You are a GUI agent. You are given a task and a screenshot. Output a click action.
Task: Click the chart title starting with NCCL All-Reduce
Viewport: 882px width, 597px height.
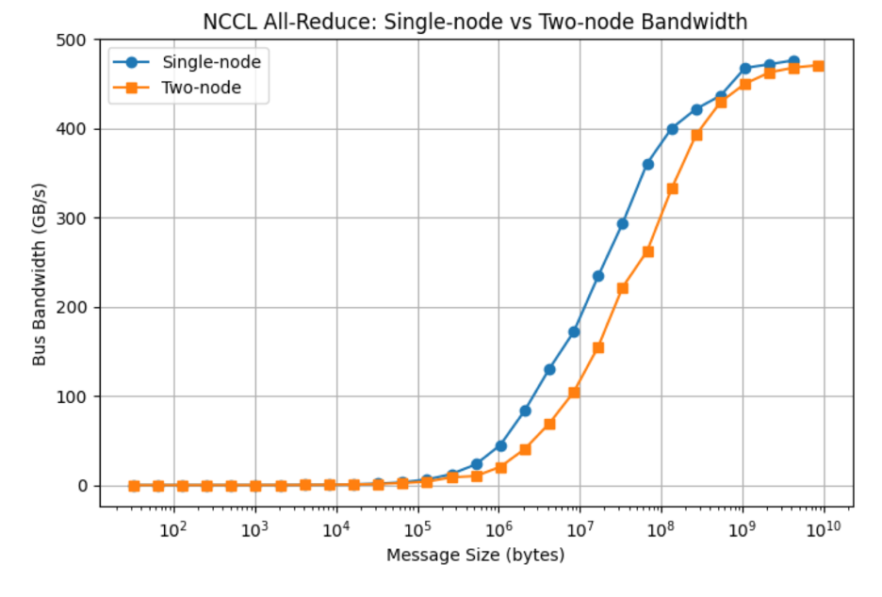click(476, 20)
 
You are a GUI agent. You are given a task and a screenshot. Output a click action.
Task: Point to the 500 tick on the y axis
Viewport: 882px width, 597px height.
click(75, 40)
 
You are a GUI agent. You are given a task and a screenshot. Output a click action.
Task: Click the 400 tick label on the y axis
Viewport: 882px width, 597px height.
click(75, 129)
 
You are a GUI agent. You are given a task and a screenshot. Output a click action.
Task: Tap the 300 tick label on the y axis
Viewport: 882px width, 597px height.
click(75, 218)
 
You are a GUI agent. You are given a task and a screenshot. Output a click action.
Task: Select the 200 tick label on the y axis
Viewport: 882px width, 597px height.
click(75, 308)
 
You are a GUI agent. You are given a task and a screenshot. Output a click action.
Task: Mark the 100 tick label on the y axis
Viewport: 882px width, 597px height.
click(75, 396)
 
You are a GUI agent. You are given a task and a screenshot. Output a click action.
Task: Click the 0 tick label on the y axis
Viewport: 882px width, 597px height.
click(83, 486)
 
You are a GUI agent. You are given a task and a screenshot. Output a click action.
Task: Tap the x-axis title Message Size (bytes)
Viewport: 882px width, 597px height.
click(476, 556)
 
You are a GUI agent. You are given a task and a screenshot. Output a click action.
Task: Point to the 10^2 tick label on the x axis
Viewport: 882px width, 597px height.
click(172, 530)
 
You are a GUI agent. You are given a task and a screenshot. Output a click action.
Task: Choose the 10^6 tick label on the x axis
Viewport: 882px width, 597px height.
click(498, 530)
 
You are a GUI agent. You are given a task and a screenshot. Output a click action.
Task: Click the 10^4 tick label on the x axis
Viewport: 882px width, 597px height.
click(335, 530)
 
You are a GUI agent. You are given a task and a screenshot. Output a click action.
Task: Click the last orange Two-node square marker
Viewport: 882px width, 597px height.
click(818, 66)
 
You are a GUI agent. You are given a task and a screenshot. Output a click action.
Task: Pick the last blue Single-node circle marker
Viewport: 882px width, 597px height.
click(793, 61)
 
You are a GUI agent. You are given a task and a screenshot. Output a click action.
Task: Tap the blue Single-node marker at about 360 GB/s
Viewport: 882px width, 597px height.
click(647, 165)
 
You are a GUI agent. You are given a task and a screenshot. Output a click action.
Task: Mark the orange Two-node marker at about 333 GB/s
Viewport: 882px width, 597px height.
click(672, 188)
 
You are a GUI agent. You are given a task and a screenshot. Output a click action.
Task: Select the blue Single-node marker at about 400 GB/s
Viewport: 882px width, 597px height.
click(672, 129)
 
